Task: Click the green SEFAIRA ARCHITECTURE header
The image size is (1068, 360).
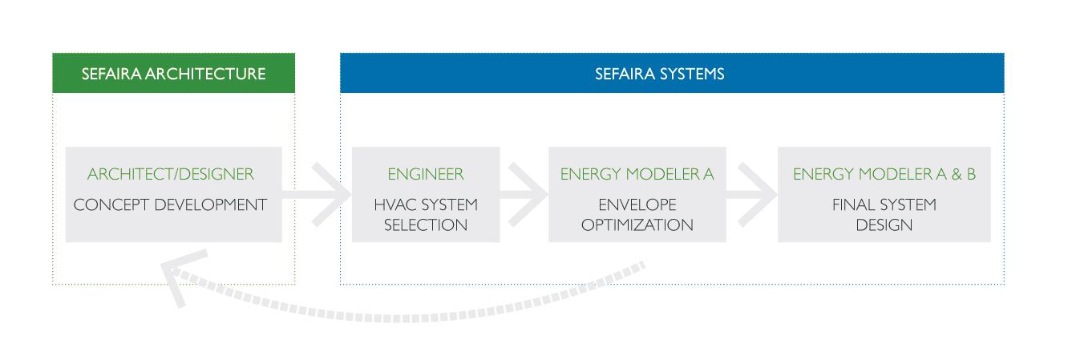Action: pyautogui.click(x=173, y=73)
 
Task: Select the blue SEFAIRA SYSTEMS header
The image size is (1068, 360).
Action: pyautogui.click(x=672, y=73)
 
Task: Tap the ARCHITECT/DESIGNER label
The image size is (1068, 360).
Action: pyautogui.click(x=171, y=174)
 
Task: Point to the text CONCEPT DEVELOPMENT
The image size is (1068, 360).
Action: pyautogui.click(x=170, y=204)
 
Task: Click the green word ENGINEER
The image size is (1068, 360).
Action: pyautogui.click(x=425, y=174)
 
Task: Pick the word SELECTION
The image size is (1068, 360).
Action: pyautogui.click(x=425, y=225)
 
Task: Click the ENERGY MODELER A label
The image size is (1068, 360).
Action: pyautogui.click(x=637, y=174)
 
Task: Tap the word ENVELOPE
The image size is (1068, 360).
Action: pyautogui.click(x=637, y=204)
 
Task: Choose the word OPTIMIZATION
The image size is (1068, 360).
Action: pyautogui.click(x=637, y=225)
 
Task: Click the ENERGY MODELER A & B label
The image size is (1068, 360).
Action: pyautogui.click(x=884, y=174)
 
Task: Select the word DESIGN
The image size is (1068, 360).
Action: pyautogui.click(x=884, y=225)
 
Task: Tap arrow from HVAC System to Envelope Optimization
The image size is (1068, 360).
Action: pyautogui.click(x=524, y=195)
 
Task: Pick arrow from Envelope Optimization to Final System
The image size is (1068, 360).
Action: pyautogui.click(x=752, y=195)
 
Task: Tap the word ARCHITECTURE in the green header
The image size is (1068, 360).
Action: pyautogui.click(x=205, y=74)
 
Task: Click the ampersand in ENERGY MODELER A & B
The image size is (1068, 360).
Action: pyautogui.click(x=957, y=174)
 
